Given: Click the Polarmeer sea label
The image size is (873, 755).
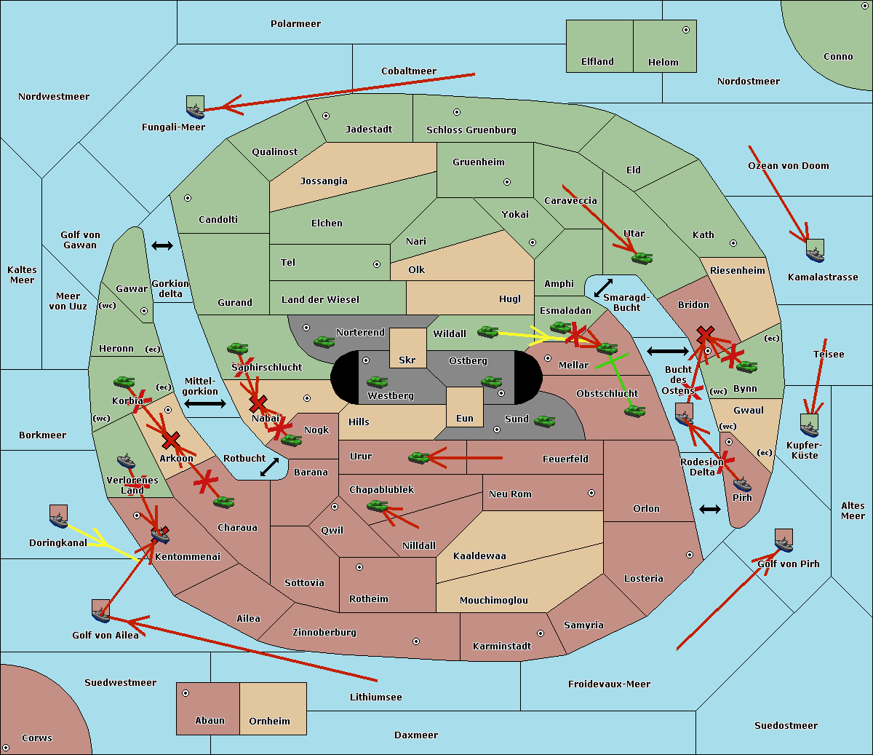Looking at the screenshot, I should pos(295,24).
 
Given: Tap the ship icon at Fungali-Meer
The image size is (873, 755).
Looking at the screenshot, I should pos(195,108).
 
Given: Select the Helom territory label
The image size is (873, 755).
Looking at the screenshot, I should pos(663,63).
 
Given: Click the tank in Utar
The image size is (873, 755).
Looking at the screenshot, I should pos(642,258).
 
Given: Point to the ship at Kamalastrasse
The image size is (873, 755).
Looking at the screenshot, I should pos(815,251).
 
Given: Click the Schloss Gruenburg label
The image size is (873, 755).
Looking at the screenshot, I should pos(471,130).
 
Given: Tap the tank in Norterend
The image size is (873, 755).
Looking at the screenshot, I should pos(324,341).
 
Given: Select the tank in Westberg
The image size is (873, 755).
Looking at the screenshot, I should pos(377,382).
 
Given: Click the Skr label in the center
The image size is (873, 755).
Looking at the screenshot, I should pos(407,360).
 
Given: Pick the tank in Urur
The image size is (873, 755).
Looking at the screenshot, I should pos(418,457).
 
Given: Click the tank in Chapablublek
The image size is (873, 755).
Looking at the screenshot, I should pos(377,505).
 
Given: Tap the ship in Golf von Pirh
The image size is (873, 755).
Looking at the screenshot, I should pos(784,541).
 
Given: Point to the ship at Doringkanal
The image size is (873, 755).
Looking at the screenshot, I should pos(58,517).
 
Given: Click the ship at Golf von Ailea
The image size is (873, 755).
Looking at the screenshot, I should pos(100,612).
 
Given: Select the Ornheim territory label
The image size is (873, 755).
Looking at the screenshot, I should pos(269,722).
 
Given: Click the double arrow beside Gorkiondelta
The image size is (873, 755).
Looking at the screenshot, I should pos(162,245).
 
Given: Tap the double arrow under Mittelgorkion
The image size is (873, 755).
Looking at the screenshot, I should pos(205,404).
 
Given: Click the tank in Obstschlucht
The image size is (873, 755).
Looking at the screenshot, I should pos(634,411).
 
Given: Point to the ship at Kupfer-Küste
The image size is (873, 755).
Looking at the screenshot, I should pos(809,426).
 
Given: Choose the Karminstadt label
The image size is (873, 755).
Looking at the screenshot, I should pos(502,647).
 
